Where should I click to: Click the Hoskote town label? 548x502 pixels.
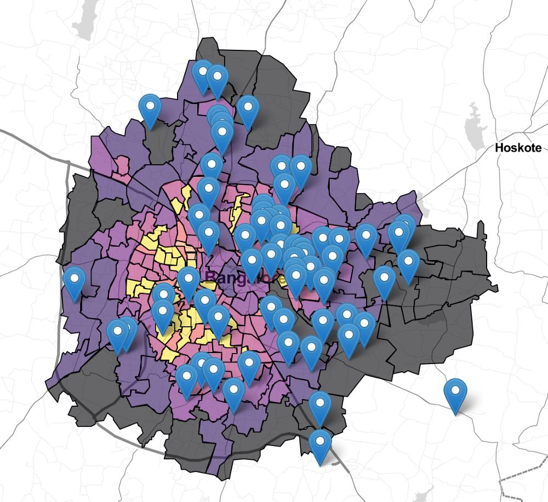[x=518, y=148]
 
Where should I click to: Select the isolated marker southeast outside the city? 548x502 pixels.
[x=455, y=393]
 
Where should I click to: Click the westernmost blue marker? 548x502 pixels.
[x=75, y=281]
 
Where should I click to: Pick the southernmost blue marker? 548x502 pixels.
[x=321, y=444]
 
